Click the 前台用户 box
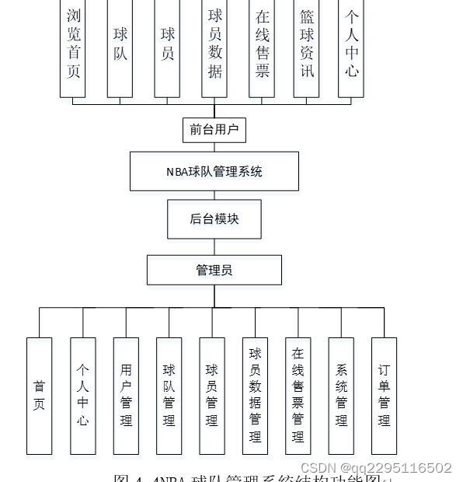(x=214, y=129)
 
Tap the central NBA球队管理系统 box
(x=214, y=171)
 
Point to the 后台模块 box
(x=214, y=218)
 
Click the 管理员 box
(x=214, y=270)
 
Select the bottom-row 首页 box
(x=39, y=395)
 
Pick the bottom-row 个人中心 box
(x=82, y=395)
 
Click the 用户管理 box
(x=126, y=395)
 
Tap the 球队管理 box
(x=169, y=395)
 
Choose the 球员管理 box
(x=212, y=395)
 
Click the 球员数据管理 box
(x=255, y=395)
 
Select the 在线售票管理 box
(x=298, y=395)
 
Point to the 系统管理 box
(x=341, y=395)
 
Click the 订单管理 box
(x=384, y=395)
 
